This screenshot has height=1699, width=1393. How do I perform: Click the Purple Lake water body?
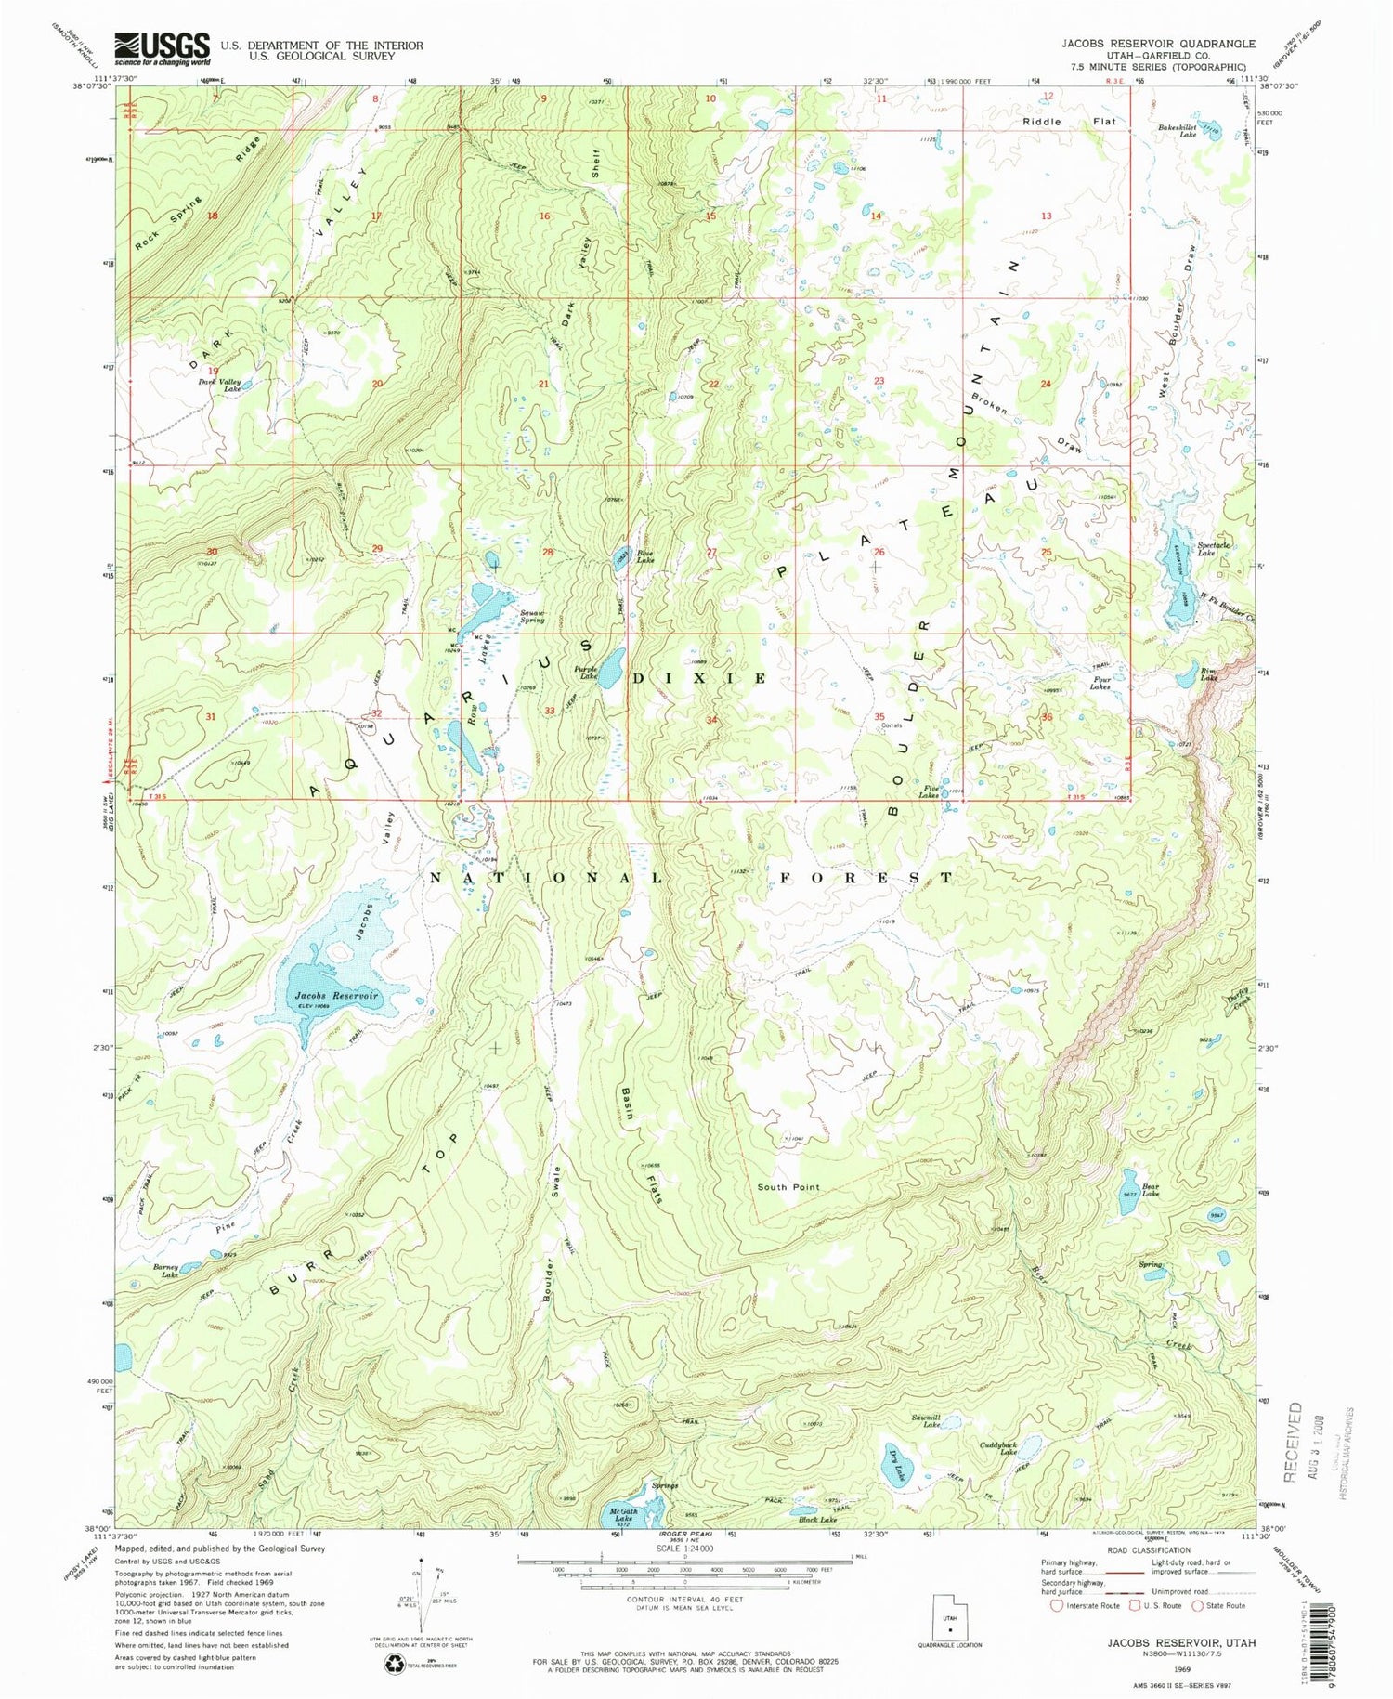pyautogui.click(x=610, y=668)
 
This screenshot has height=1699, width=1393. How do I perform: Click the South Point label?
pyautogui.click(x=788, y=1187)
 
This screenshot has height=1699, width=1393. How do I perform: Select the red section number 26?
pyautogui.click(x=879, y=552)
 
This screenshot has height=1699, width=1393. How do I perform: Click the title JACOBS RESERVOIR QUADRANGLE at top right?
pyautogui.click(x=1158, y=44)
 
